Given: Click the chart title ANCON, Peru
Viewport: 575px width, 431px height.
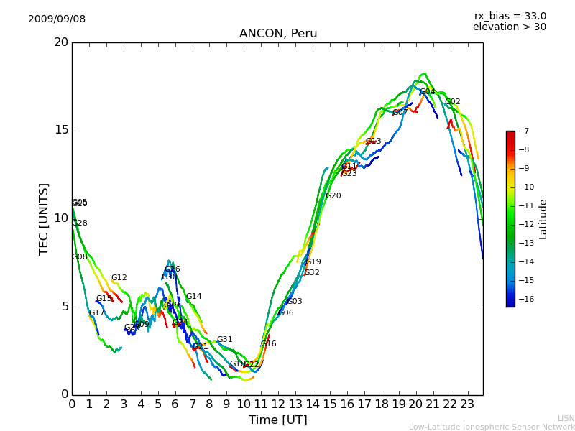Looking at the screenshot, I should (x=277, y=34).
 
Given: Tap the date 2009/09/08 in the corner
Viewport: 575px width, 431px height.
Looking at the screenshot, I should (x=57, y=19).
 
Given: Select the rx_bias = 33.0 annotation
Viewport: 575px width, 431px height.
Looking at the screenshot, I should (x=510, y=17).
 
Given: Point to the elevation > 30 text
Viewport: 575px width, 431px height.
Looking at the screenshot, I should (x=509, y=27).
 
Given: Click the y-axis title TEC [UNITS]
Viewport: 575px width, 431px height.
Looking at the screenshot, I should (x=44, y=218).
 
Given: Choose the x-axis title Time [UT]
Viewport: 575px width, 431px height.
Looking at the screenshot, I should (x=277, y=420).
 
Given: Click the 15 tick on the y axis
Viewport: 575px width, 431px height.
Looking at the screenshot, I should (x=61, y=130).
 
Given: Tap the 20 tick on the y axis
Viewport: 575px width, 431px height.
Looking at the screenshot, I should (x=61, y=42).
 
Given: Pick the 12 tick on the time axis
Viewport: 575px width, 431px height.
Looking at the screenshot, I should (x=278, y=404).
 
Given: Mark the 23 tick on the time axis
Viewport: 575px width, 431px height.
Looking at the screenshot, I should (x=467, y=404).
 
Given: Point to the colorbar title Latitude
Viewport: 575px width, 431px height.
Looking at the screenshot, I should (x=543, y=219).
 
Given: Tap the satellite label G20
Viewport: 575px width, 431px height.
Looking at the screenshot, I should (x=333, y=196).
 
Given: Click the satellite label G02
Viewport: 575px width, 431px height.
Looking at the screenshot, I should (x=453, y=102).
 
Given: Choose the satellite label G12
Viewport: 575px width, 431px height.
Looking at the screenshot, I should (x=119, y=278).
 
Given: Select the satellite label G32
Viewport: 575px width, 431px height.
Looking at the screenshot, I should (x=312, y=273).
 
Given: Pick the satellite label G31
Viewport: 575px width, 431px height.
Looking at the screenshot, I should (x=224, y=340).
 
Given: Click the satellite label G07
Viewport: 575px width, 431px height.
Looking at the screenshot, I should (x=400, y=113).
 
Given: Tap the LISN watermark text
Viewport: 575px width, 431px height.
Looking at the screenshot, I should (x=566, y=418).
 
